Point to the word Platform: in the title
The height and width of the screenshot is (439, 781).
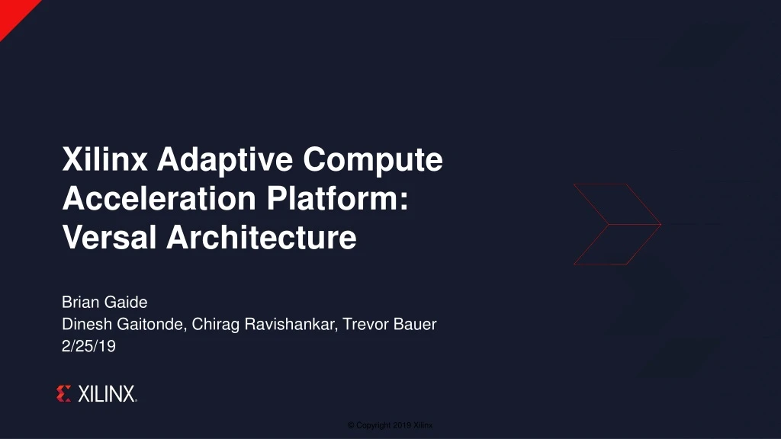click(x=336, y=199)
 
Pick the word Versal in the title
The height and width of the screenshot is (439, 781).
click(x=110, y=238)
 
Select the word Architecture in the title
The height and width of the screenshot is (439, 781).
click(x=262, y=238)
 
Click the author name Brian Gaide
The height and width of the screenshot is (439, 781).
click(x=104, y=303)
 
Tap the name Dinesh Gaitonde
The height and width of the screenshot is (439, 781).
click(x=122, y=325)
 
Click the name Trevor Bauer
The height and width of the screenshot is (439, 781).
click(x=390, y=325)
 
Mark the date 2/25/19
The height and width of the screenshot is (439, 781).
click(x=88, y=346)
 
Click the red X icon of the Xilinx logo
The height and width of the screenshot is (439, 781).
click(x=64, y=394)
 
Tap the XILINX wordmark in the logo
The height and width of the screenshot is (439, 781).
click(x=107, y=394)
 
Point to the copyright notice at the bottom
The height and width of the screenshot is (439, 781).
click(x=390, y=425)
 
